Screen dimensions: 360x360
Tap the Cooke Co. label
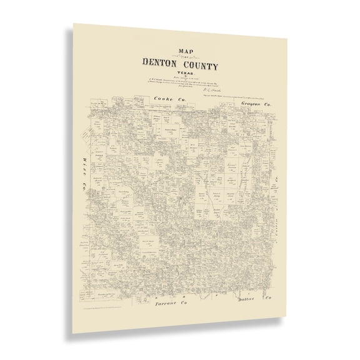pos(165,99)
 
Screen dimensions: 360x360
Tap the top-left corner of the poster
pos(74,24)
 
